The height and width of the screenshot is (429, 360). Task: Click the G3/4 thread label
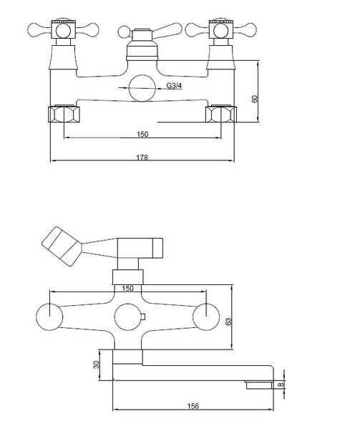tap(174, 86)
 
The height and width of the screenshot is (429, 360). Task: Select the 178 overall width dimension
tap(142, 158)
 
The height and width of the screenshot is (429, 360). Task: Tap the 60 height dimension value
tap(255, 99)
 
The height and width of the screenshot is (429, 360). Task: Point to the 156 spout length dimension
tap(193, 406)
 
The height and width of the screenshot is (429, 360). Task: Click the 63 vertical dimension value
tap(228, 320)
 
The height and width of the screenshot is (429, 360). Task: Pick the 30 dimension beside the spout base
tap(96, 365)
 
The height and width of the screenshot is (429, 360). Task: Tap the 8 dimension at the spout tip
tap(281, 385)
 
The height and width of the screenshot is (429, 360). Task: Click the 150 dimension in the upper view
tap(142, 134)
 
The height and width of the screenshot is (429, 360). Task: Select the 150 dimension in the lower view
tap(127, 289)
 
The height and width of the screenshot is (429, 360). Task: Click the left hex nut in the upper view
tap(64, 114)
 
